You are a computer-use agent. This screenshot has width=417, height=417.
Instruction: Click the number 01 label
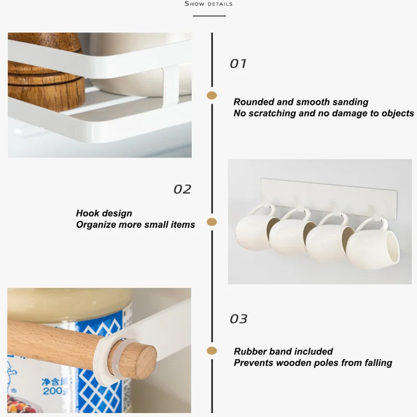[238, 64]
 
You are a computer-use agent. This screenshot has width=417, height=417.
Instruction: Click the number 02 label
[182, 189]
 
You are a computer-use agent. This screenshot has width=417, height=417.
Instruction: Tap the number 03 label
[239, 318]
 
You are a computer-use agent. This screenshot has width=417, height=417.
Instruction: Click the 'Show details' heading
[208, 4]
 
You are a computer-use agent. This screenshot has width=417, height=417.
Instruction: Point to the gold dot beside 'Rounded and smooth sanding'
[212, 95]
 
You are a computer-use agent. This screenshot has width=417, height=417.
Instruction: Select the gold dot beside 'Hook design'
[212, 222]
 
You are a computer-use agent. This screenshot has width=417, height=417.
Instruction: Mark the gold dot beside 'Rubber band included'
[212, 351]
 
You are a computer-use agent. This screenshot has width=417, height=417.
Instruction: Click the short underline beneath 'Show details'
[209, 16]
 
